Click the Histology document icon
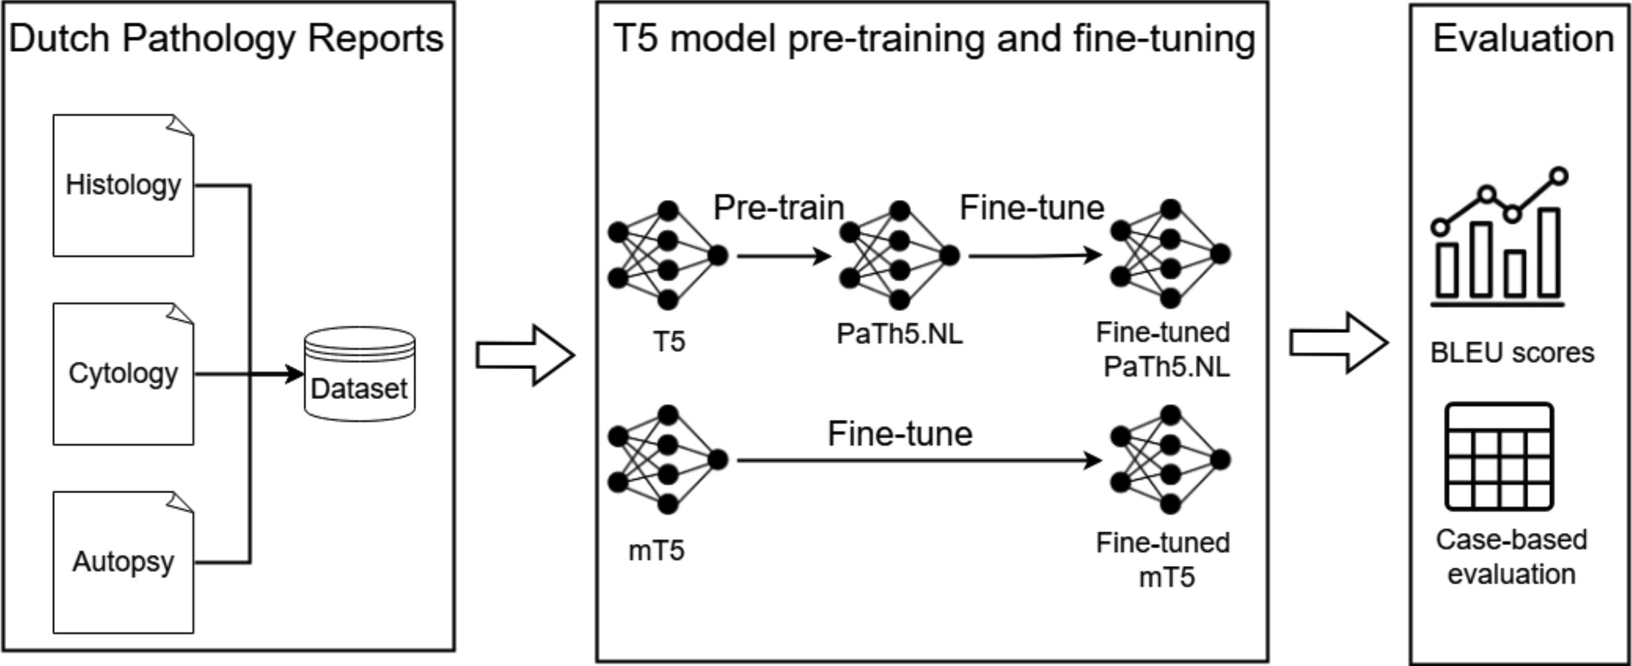coord(123,186)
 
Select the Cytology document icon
coord(123,374)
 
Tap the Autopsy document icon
coord(123,562)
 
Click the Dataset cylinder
coord(359,374)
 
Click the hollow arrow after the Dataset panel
coord(525,356)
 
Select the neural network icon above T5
coord(667,256)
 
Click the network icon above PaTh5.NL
coord(899,256)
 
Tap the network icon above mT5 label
coord(667,459)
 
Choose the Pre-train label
coord(778,207)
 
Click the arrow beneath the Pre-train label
coord(784,256)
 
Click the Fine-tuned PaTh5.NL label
coord(1163,350)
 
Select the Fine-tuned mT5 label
coord(1163,560)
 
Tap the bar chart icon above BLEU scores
coord(1499,239)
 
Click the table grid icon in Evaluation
coord(1499,457)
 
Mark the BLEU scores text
coord(1512,353)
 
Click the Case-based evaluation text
coord(1511,557)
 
